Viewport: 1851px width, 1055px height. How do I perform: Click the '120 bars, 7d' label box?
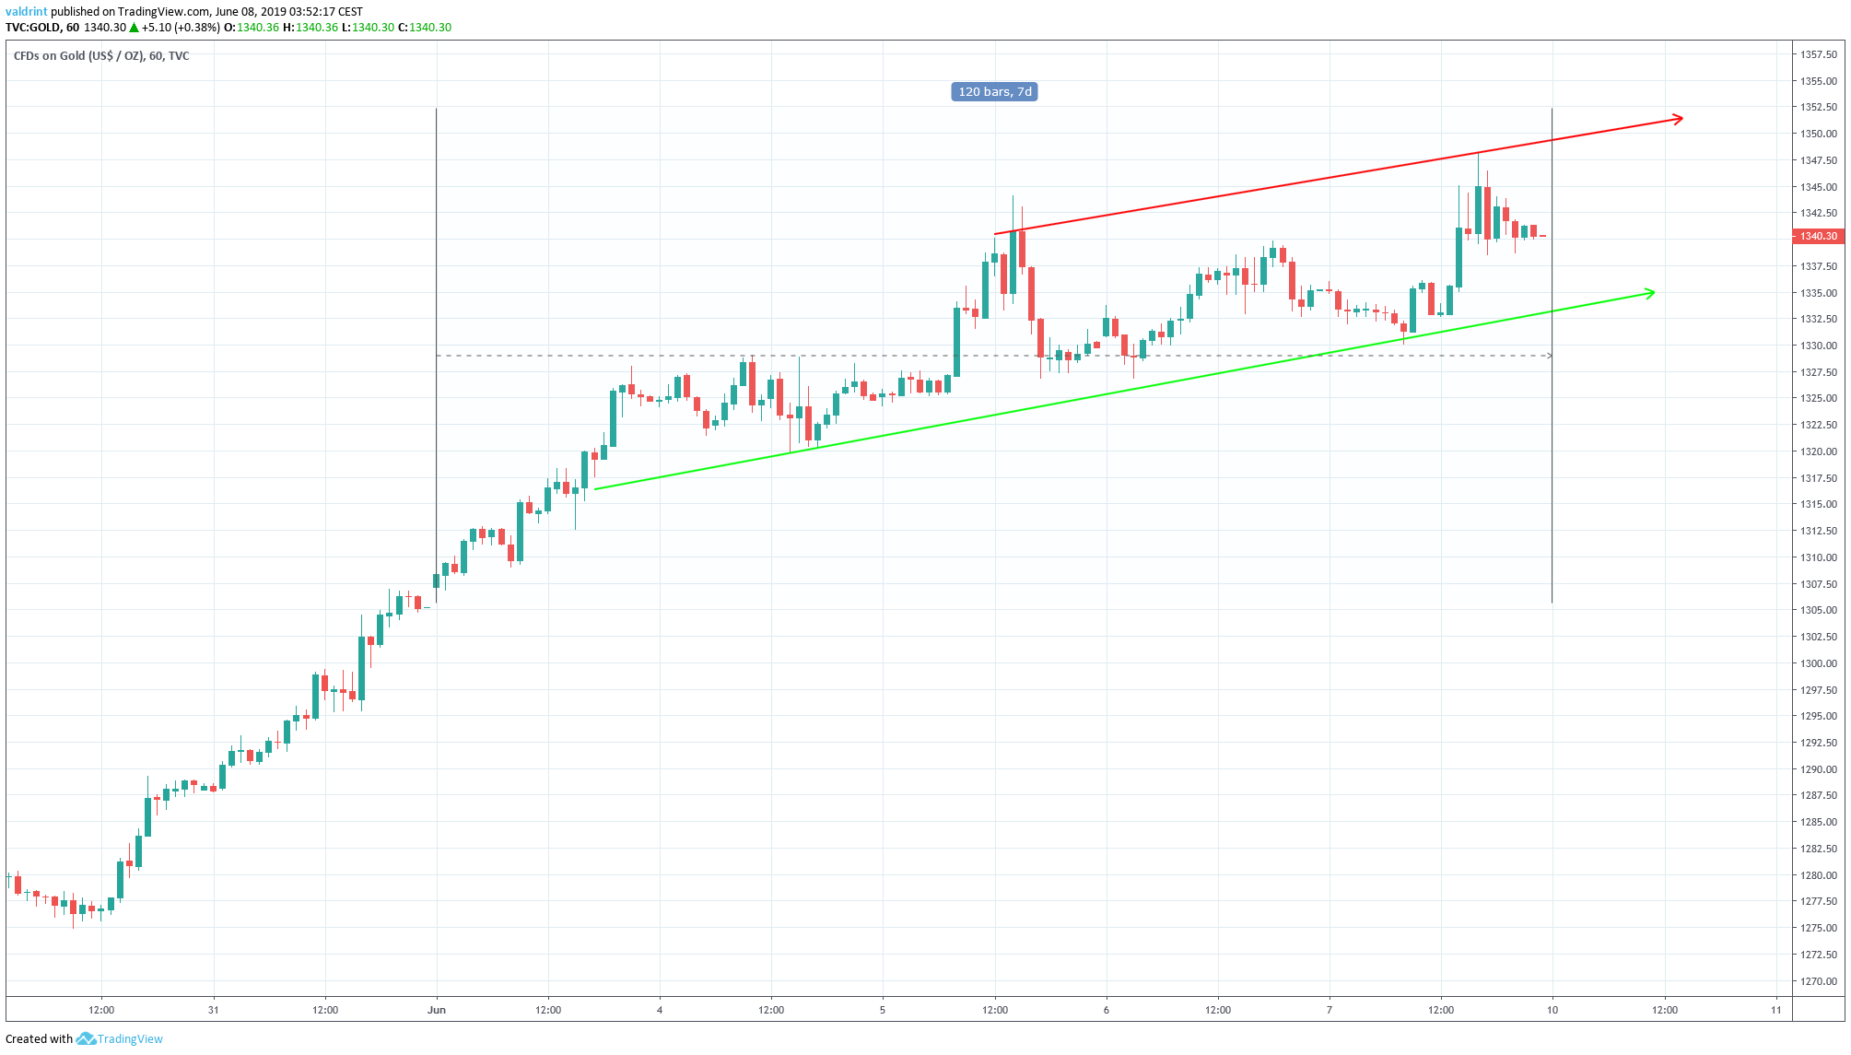[994, 91]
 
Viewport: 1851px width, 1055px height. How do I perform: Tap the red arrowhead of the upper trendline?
[1678, 119]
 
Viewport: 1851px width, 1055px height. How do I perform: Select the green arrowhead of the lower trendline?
[1649, 293]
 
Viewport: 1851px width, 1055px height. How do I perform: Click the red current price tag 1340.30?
[1818, 236]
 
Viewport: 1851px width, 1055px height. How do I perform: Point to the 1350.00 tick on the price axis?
[1818, 134]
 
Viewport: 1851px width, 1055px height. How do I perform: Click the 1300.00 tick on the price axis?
[1818, 663]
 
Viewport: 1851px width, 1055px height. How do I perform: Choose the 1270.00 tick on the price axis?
[1818, 981]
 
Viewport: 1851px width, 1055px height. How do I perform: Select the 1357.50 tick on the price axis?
[1818, 54]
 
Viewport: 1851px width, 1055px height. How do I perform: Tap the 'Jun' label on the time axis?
[437, 1010]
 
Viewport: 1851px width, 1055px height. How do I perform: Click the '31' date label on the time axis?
[214, 1010]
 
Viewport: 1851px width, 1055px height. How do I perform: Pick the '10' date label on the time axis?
[1552, 1010]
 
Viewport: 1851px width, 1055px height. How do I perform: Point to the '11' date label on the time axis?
[1776, 1010]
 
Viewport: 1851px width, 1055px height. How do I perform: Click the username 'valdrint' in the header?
[26, 12]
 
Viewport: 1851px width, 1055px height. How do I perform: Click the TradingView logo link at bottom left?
[120, 1039]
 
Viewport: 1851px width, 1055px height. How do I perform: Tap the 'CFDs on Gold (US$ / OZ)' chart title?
[78, 56]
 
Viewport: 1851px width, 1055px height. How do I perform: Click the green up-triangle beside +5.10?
[135, 28]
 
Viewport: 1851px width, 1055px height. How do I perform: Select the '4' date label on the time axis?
[660, 1010]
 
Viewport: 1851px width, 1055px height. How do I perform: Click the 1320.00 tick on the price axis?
[1818, 451]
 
